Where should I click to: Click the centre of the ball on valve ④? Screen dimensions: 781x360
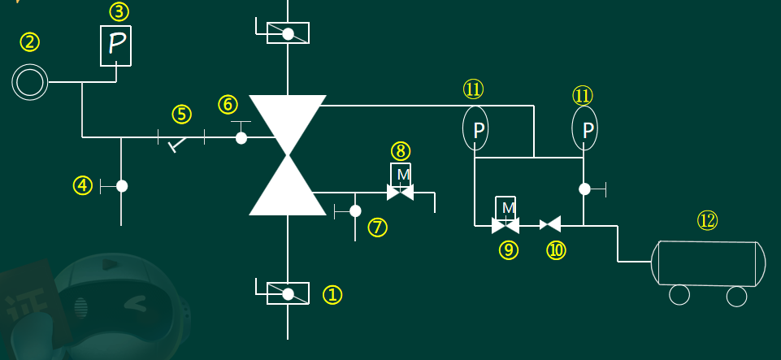pyautogui.click(x=122, y=186)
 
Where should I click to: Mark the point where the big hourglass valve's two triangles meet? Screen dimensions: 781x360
pyautogui.click(x=288, y=154)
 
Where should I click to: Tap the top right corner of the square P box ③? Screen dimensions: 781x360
pyautogui.click(x=131, y=26)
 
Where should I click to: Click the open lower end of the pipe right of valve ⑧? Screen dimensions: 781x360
pyautogui.click(x=435, y=213)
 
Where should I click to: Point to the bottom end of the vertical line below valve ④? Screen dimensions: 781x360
pyautogui.click(x=121, y=225)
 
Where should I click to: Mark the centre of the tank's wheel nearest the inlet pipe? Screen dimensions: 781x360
pyautogui.click(x=679, y=295)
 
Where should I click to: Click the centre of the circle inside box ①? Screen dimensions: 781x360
pyautogui.click(x=288, y=294)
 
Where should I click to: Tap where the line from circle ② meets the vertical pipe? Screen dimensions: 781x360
pyautogui.click(x=82, y=81)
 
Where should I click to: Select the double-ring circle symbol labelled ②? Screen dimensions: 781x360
pyautogui.click(x=30, y=81)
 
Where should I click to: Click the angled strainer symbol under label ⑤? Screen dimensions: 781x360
pyautogui.click(x=178, y=143)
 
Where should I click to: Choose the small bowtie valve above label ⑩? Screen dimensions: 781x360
pyautogui.click(x=550, y=224)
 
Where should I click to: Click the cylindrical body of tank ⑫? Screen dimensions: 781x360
pyautogui.click(x=709, y=263)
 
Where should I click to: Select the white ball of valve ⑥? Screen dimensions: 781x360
pyautogui.click(x=241, y=138)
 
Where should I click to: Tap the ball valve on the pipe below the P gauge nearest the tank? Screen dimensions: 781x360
pyautogui.click(x=584, y=189)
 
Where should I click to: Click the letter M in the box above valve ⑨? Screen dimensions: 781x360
pyautogui.click(x=508, y=208)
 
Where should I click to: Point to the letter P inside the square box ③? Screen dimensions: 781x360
pyautogui.click(x=116, y=44)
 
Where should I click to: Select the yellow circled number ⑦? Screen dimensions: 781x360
pyautogui.click(x=378, y=228)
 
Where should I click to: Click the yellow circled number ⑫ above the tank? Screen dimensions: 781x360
pyautogui.click(x=707, y=220)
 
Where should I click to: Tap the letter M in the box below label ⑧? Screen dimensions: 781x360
pyautogui.click(x=403, y=174)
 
